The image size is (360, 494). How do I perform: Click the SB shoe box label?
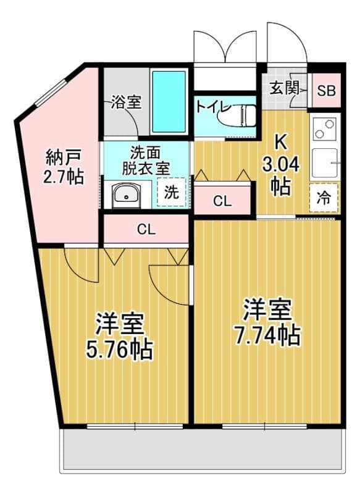click(325, 91)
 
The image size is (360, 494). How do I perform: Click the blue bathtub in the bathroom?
click(169, 102)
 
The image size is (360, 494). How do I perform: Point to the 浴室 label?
click(125, 103)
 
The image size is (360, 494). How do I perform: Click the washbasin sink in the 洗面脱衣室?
click(127, 195)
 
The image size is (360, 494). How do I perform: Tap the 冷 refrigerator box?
click(324, 198)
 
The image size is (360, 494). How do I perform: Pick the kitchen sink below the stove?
click(325, 163)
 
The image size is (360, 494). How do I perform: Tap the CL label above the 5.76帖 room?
click(146, 230)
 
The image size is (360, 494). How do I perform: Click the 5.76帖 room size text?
click(119, 350)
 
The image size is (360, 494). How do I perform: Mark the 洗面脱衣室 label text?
click(146, 159)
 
